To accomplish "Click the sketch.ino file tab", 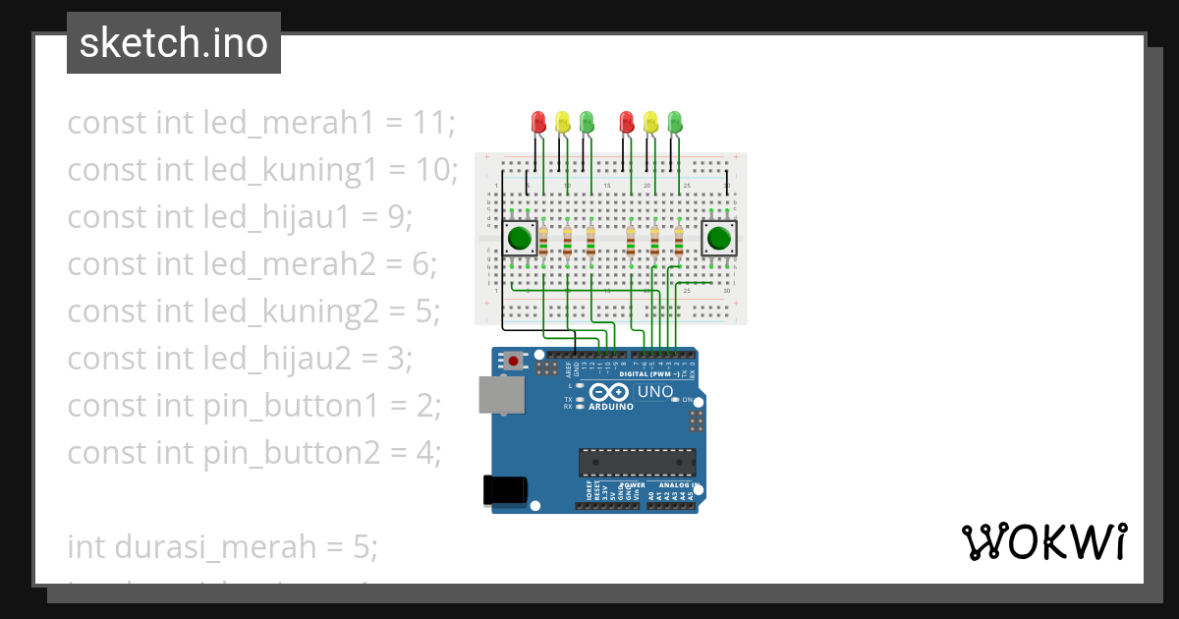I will coord(174,43).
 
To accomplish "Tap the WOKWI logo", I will coord(1043,541).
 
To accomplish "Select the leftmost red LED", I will coord(538,122).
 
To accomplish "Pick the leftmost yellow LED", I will coord(563,122).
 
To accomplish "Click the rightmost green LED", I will coord(675,122).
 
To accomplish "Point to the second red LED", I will coord(627,122).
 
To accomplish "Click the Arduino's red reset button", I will coord(513,362).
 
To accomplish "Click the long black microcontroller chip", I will coord(637,462).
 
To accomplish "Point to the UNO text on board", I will coord(655,392).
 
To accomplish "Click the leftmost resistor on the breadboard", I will coord(543,240).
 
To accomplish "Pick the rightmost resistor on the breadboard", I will coord(679,240).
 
